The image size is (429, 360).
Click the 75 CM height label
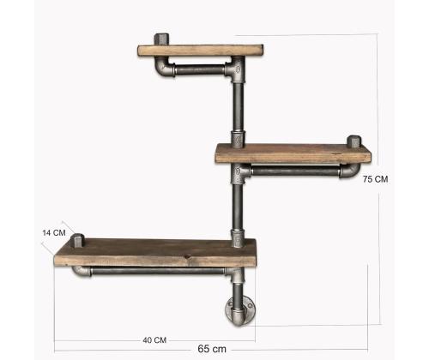(376, 179)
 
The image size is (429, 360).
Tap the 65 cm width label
(212, 349)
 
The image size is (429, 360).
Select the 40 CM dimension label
(154, 340)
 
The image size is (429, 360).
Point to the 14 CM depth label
(54, 233)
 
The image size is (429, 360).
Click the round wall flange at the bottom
(240, 311)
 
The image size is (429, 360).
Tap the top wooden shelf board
(201, 51)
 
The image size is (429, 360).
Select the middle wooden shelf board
(293, 153)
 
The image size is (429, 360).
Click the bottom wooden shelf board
(155, 253)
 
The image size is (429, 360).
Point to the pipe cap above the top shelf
(162, 39)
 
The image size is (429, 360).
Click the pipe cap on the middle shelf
(354, 141)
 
